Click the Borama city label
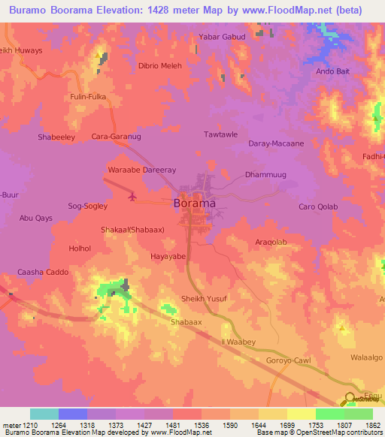[195, 203]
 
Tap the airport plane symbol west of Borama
[133, 197]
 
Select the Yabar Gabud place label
[222, 36]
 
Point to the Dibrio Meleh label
[160, 65]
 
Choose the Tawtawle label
[221, 134]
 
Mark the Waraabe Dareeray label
[142, 170]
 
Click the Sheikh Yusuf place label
[204, 299]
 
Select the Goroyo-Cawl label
[289, 361]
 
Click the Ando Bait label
[334, 71]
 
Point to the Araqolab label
[271, 243]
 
